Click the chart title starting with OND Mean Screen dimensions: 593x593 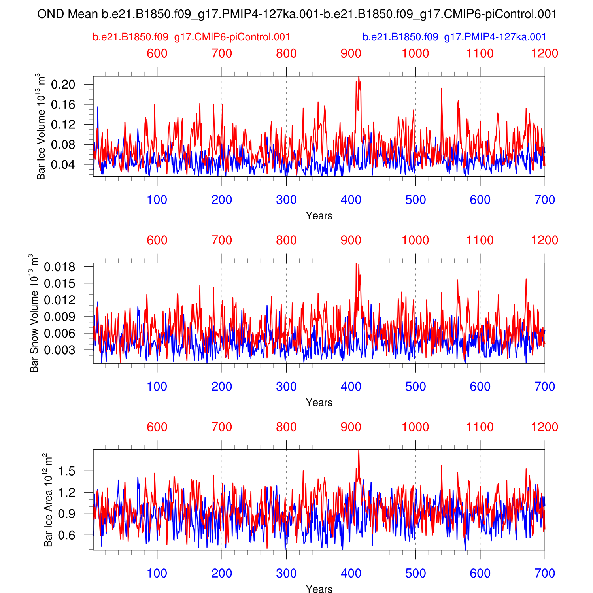pyautogui.click(x=296, y=14)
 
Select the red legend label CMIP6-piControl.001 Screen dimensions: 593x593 pyautogui.click(x=191, y=37)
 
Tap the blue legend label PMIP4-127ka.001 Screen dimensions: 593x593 pyautogui.click(x=454, y=37)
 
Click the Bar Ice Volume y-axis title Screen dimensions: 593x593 pyautogui.click(x=41, y=127)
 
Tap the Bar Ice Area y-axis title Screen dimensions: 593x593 pyautogui.click(x=48, y=500)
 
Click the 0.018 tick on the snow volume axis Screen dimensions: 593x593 pyautogui.click(x=59, y=267)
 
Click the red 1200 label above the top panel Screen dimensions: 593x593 pyautogui.click(x=545, y=53)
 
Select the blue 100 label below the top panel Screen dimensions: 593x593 pyautogui.click(x=157, y=200)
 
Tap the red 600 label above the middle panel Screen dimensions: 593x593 pyautogui.click(x=157, y=240)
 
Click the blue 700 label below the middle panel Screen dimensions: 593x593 pyautogui.click(x=545, y=387)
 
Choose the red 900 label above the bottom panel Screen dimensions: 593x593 pyautogui.click(x=351, y=427)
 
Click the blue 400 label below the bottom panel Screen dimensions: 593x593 pyautogui.click(x=351, y=573)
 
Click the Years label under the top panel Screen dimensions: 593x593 pyautogui.click(x=319, y=216)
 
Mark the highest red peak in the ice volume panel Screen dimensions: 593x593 pyautogui.click(x=359, y=77)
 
